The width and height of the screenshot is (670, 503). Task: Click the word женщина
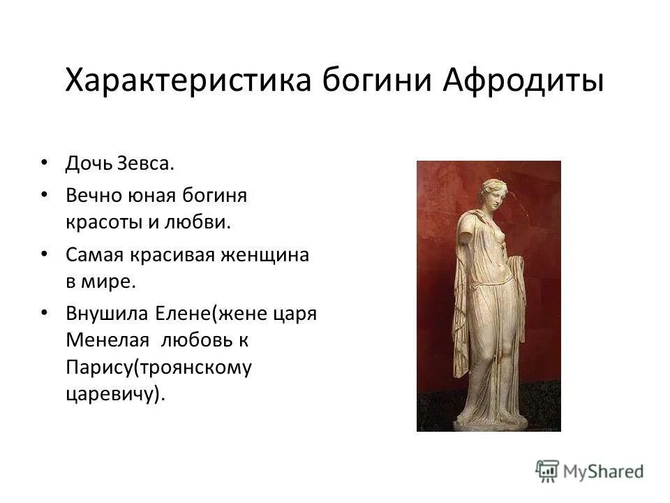coord(266,254)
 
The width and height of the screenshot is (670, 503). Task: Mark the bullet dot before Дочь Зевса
coord(45,163)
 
